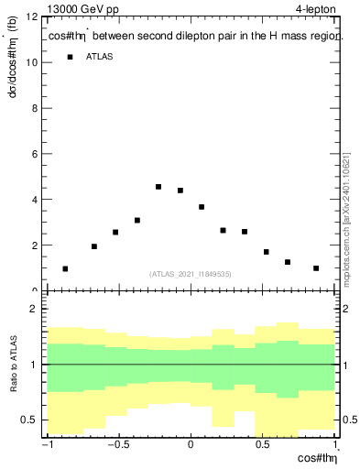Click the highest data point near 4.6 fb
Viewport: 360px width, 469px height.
click(158, 187)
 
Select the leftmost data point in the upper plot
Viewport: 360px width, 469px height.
click(65, 268)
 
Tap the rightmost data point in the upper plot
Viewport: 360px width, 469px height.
click(316, 268)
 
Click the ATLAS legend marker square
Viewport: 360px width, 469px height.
click(70, 58)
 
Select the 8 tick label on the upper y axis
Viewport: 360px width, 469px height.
click(34, 108)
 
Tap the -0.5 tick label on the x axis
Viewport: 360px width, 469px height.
click(117, 445)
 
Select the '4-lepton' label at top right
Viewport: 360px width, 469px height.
click(316, 8)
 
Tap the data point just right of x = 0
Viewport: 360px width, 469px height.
click(202, 207)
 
